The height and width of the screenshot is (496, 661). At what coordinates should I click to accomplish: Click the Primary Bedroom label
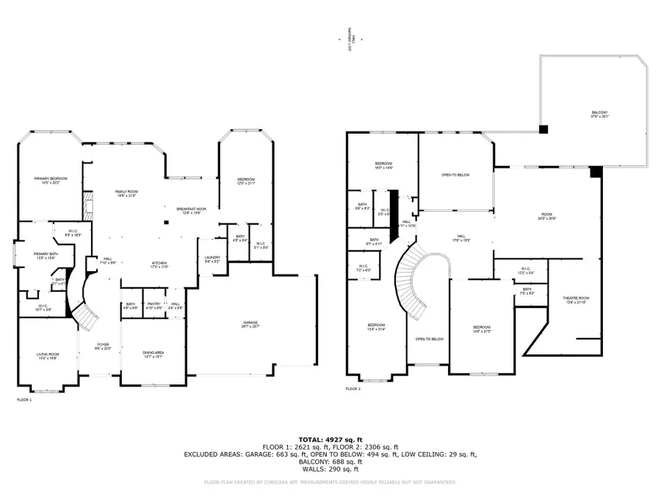coord(46,181)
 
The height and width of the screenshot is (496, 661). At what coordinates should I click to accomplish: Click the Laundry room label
coord(211,259)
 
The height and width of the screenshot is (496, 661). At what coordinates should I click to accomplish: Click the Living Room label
coord(48,356)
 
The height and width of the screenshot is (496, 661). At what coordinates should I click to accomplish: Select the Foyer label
coord(104,346)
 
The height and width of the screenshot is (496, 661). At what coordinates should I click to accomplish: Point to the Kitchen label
coord(159,264)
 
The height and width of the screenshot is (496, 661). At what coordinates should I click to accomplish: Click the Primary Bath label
coord(46,256)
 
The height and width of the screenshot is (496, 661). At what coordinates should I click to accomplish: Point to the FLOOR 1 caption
coord(24,400)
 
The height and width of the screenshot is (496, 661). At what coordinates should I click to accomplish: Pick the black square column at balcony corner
coord(543,129)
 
